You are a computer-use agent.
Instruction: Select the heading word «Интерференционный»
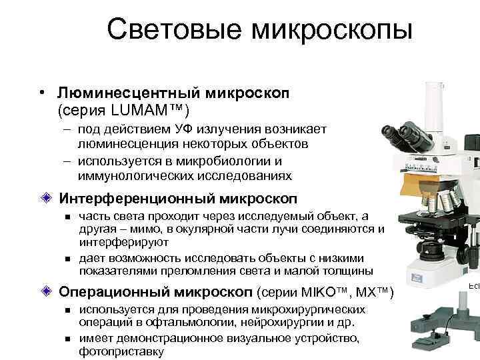(x=133, y=199)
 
